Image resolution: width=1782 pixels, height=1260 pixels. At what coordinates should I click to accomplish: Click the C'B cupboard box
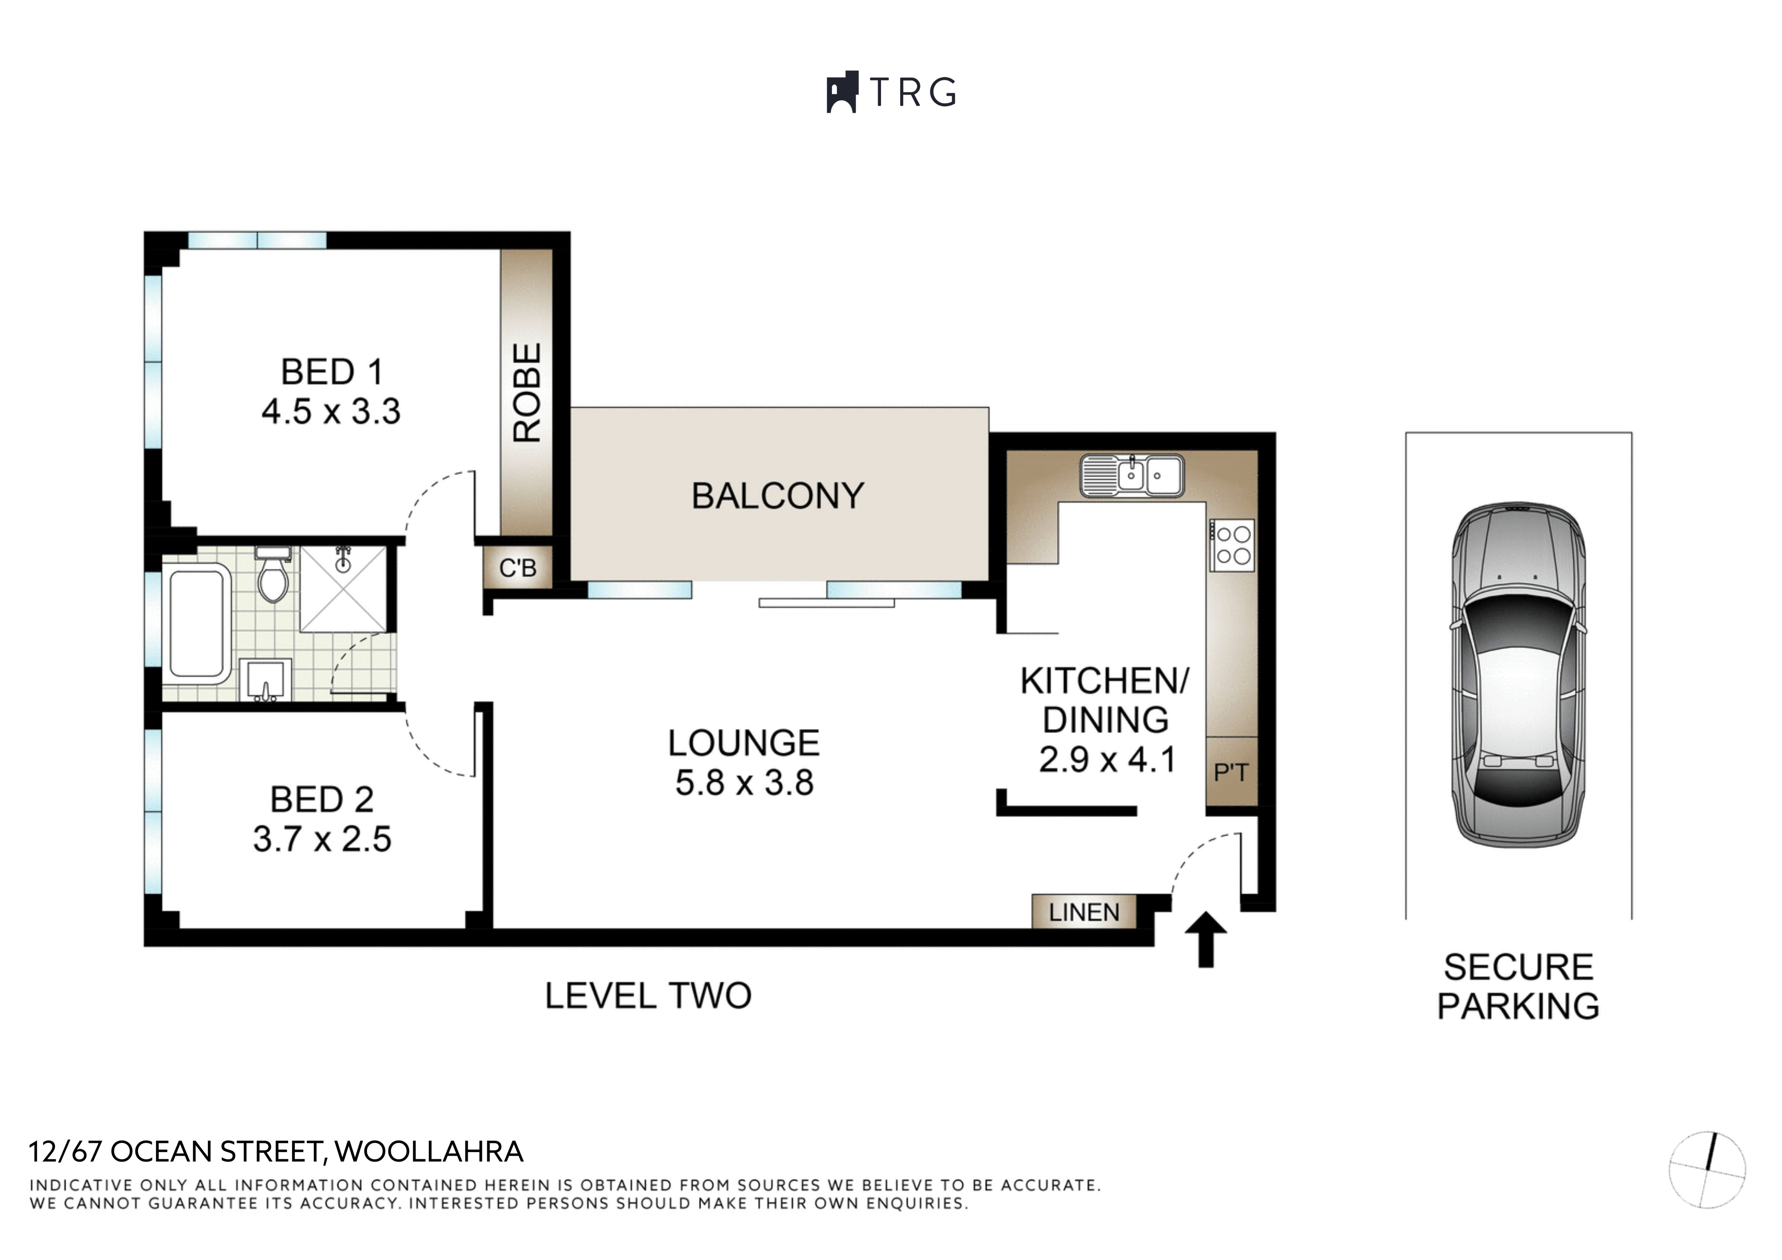[x=518, y=568]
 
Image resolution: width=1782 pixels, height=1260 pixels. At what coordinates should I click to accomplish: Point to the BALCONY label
[x=778, y=496]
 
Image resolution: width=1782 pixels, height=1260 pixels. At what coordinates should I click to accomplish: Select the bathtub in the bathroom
[x=197, y=624]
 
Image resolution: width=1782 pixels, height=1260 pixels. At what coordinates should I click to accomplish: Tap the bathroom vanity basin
[x=265, y=680]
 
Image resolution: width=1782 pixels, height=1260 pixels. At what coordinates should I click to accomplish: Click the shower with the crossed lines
[x=343, y=589]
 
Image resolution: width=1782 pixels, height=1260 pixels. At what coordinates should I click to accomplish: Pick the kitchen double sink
[x=1132, y=475]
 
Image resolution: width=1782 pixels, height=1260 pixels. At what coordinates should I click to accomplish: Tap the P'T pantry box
[x=1231, y=772]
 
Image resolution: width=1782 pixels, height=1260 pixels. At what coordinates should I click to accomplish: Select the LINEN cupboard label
[x=1084, y=912]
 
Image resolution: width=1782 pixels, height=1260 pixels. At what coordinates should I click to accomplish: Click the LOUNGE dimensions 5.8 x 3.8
[x=744, y=782]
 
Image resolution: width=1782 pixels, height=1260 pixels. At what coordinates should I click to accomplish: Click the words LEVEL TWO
[x=648, y=996]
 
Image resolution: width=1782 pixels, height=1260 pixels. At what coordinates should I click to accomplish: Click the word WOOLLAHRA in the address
[x=429, y=1151]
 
